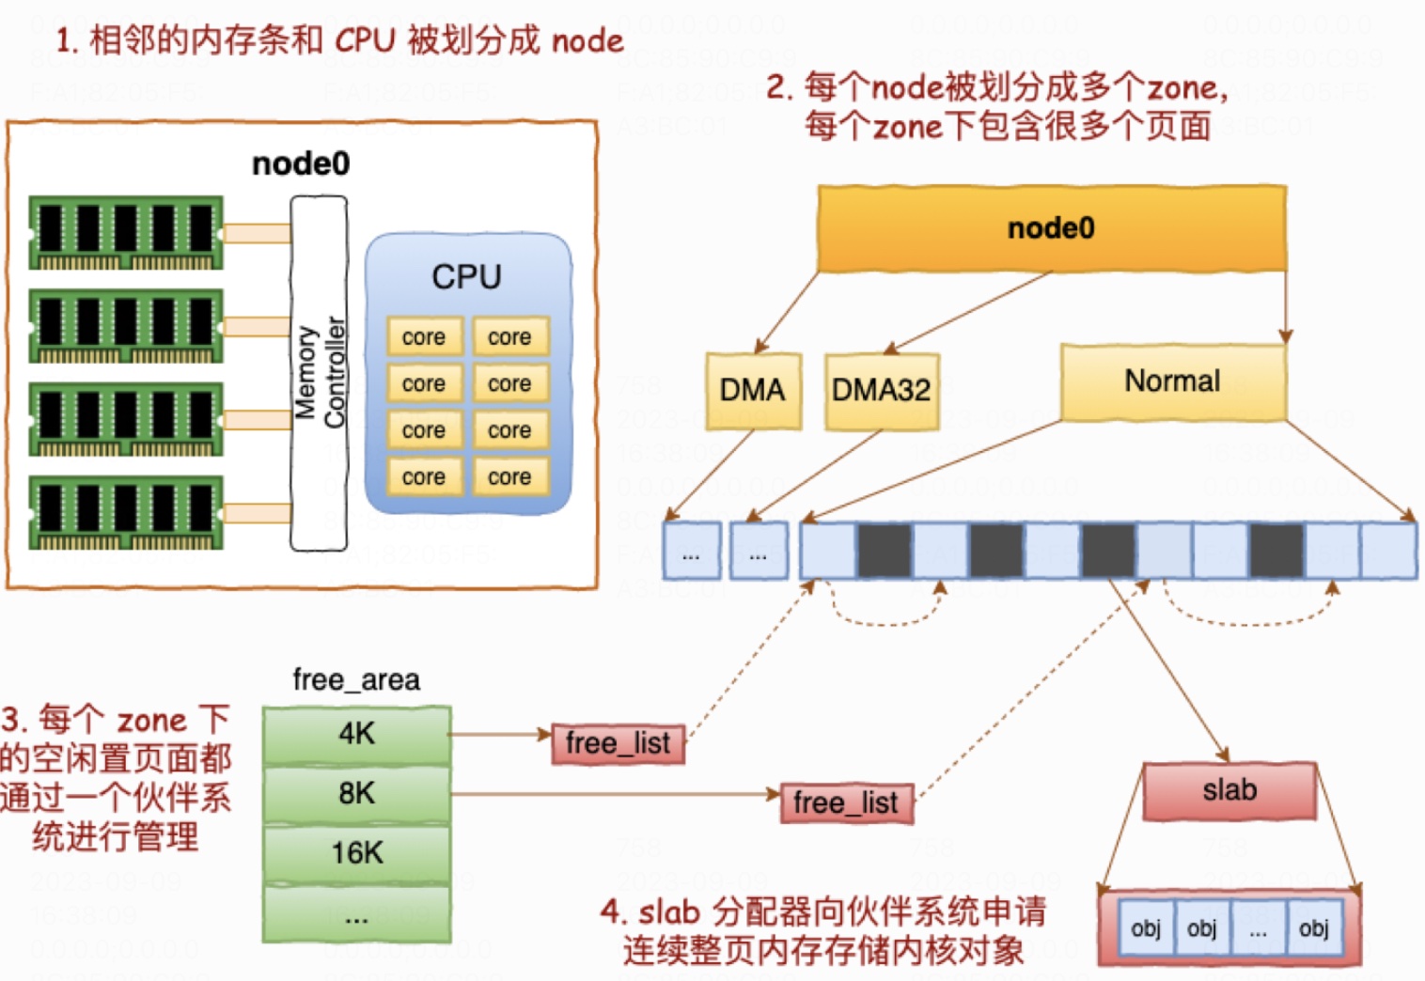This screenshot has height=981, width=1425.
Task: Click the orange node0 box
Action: pyautogui.click(x=1051, y=228)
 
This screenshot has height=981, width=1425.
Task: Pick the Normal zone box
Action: pyautogui.click(x=1172, y=381)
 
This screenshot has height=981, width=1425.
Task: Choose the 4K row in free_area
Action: pyautogui.click(x=357, y=734)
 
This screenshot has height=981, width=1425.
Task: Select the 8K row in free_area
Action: pyautogui.click(x=357, y=794)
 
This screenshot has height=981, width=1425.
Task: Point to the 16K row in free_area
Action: pyautogui.click(x=357, y=853)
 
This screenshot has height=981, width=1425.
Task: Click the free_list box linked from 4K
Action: pyautogui.click(x=618, y=743)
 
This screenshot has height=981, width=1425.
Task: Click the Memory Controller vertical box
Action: pyautogui.click(x=319, y=373)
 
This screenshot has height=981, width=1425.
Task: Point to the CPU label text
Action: pyautogui.click(x=466, y=277)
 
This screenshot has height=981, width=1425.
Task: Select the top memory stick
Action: pyautogui.click(x=126, y=232)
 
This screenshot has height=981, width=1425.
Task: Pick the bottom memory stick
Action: pyautogui.click(x=126, y=512)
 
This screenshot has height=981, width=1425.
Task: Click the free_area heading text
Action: pyautogui.click(x=356, y=679)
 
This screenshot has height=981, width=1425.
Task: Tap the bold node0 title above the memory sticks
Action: pyautogui.click(x=301, y=163)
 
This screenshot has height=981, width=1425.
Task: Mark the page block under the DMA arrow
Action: pyautogui.click(x=692, y=551)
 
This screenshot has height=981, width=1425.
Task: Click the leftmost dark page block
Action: pyautogui.click(x=885, y=551)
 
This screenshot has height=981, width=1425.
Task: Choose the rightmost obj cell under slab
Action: pyautogui.click(x=1313, y=929)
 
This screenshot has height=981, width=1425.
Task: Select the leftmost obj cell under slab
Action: pyautogui.click(x=1146, y=929)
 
